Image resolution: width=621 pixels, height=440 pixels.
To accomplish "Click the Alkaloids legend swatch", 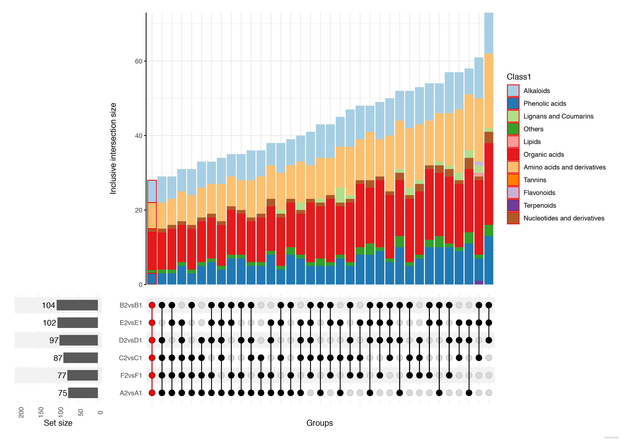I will (x=513, y=91).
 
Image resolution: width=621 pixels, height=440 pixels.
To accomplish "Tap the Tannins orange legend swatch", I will (x=513, y=180).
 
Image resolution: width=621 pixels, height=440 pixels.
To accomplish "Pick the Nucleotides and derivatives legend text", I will (x=564, y=218).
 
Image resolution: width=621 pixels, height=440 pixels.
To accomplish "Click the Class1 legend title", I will (x=519, y=77).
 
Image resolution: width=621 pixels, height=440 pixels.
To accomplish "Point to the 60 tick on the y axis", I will (x=138, y=61).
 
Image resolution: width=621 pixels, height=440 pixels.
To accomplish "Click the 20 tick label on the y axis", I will (x=138, y=210).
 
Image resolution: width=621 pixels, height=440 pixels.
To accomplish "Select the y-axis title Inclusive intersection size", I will (x=113, y=148).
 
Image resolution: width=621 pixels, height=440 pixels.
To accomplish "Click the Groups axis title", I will (x=319, y=423).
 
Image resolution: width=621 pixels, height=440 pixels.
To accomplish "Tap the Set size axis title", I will (x=58, y=423).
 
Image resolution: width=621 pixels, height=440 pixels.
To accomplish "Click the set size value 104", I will (x=48, y=305).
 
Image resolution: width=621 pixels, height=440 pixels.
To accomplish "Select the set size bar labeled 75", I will (x=83, y=393).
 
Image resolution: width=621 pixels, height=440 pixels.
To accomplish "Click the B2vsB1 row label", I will (x=131, y=305).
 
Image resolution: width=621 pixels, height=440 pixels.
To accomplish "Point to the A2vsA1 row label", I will (x=131, y=393).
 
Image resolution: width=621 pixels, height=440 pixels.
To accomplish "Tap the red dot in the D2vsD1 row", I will (x=152, y=340).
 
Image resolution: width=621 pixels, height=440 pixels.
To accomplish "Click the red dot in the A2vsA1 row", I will (x=152, y=393).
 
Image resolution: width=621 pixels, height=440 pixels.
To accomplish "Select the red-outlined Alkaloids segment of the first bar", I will (x=152, y=191).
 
